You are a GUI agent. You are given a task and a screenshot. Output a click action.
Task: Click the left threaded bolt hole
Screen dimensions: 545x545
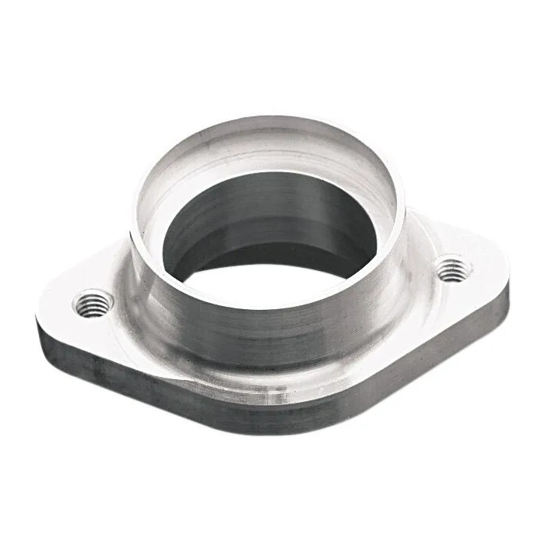pyautogui.click(x=93, y=301)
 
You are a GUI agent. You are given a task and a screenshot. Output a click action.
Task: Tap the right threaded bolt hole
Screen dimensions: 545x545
pyautogui.click(x=452, y=270)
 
